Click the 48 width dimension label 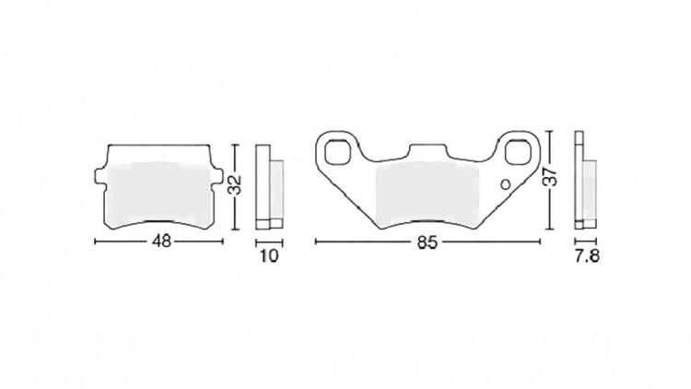tap(161, 242)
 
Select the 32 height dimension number tap(236, 185)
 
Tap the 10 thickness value tap(269, 255)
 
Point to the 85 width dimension tap(427, 242)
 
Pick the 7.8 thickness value tap(587, 256)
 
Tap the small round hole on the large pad tap(506, 183)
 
